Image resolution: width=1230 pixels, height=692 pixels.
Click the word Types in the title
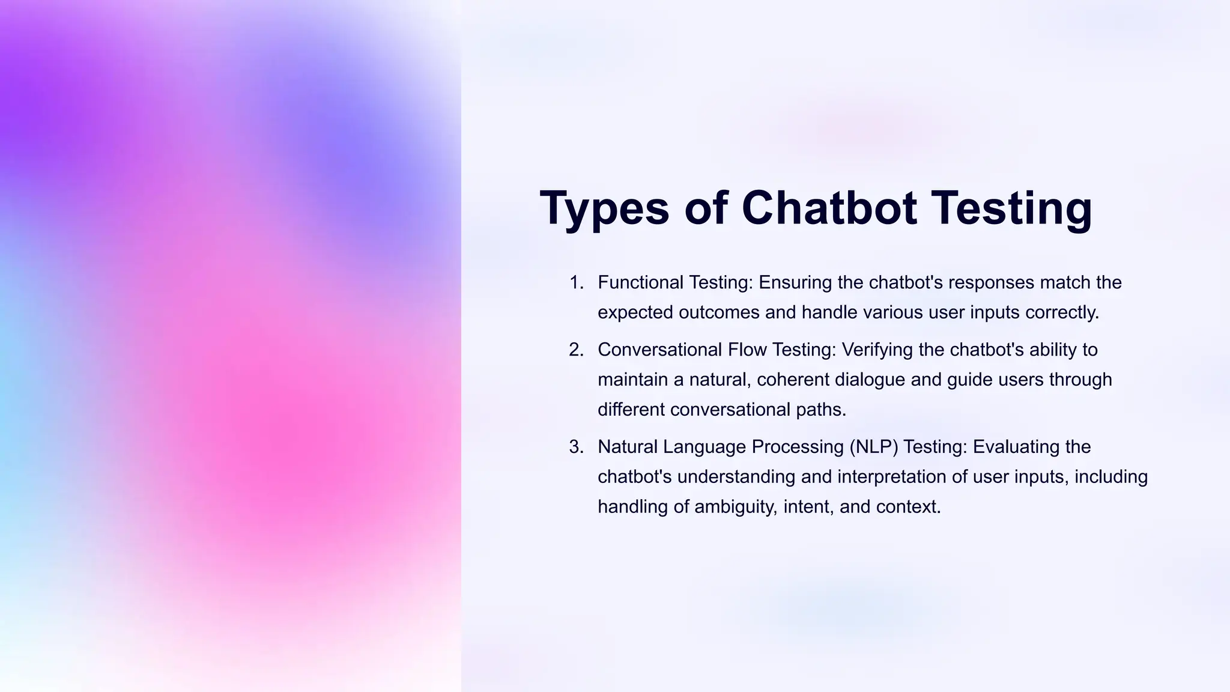point(604,208)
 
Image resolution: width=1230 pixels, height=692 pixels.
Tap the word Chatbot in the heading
point(829,208)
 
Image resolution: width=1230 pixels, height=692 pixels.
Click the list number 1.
point(576,282)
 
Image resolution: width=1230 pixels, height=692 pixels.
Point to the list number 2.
point(576,350)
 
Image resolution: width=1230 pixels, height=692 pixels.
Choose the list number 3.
point(576,447)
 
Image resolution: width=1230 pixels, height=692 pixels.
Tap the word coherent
point(793,380)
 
